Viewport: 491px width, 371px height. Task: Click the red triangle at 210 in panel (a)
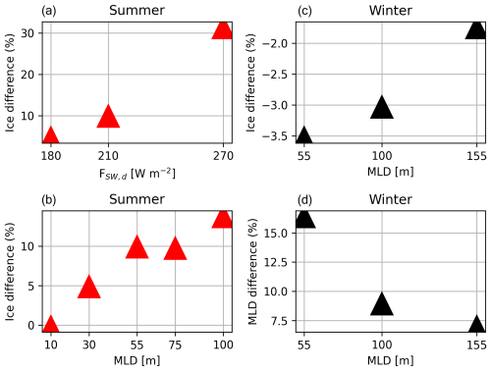click(x=108, y=117)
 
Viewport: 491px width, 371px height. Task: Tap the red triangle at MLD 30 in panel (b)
click(x=88, y=286)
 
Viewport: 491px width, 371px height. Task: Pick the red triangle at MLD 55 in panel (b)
click(x=136, y=247)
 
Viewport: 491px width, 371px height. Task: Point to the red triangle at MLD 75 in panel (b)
click(x=175, y=248)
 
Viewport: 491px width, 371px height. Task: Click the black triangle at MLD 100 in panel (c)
click(x=381, y=106)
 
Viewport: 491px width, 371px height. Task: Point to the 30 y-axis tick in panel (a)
click(x=31, y=32)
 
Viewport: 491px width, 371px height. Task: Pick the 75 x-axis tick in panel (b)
click(x=175, y=344)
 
